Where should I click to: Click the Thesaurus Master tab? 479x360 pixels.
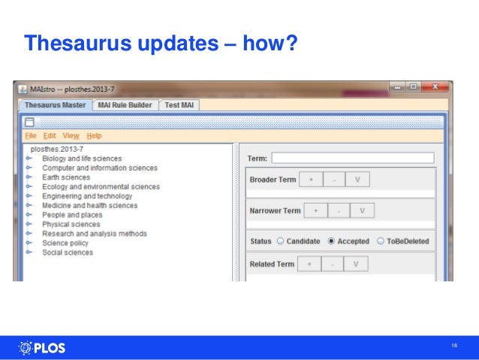click(x=55, y=105)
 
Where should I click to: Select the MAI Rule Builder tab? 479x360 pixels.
click(x=125, y=105)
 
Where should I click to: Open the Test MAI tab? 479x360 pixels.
click(x=179, y=105)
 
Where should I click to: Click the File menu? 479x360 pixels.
click(x=30, y=136)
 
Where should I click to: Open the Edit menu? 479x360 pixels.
click(x=50, y=136)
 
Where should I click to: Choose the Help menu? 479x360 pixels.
click(x=94, y=136)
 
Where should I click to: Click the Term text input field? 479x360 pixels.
click(x=353, y=159)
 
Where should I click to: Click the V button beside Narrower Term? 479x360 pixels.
click(x=362, y=210)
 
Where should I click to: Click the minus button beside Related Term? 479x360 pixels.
click(x=333, y=265)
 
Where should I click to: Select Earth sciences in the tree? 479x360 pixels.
click(x=65, y=177)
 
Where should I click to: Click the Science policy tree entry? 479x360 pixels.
click(x=65, y=244)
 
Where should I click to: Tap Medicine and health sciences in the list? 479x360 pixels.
click(x=89, y=206)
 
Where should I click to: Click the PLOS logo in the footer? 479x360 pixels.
click(x=41, y=348)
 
